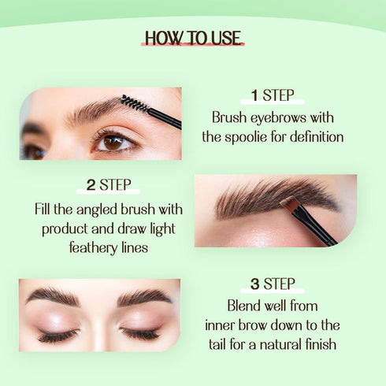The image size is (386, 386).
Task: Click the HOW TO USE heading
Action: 193,38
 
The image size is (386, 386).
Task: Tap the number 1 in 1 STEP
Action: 254,96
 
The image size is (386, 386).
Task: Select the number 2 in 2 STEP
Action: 91,186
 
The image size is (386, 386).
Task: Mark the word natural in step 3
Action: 279,343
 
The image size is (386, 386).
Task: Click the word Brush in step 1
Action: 229,118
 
